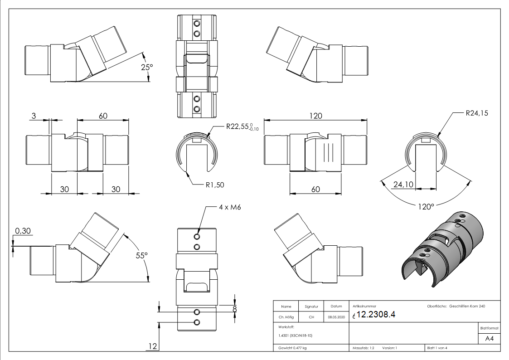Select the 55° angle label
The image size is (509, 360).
tap(142, 256)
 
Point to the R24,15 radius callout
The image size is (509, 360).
tap(477, 113)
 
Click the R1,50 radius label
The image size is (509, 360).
tap(215, 185)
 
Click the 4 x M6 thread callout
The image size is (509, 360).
tap(230, 207)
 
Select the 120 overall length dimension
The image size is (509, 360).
tap(315, 116)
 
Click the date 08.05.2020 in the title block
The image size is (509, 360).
tap(336, 317)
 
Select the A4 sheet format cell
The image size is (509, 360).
tap(489, 339)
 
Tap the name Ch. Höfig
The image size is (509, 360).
tap(286, 317)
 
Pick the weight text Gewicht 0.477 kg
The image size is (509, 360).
tap(292, 348)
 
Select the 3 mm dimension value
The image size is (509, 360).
tap(34, 116)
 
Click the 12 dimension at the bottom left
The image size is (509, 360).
tap(152, 346)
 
